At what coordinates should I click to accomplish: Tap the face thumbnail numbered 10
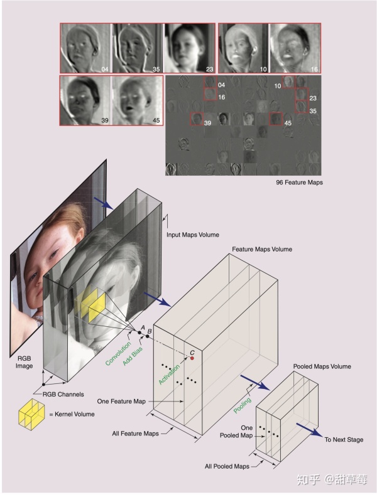[x=243, y=48]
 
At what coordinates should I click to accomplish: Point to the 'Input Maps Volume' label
[x=193, y=235]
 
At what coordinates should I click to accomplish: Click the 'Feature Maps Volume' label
[x=262, y=250]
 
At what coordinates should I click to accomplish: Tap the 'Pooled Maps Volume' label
[x=322, y=366]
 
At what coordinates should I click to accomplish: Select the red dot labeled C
[x=192, y=358]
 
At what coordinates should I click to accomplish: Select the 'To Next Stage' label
[x=344, y=440]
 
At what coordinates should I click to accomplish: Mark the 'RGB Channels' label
[x=62, y=395]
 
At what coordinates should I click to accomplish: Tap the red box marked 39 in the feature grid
[x=197, y=119]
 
